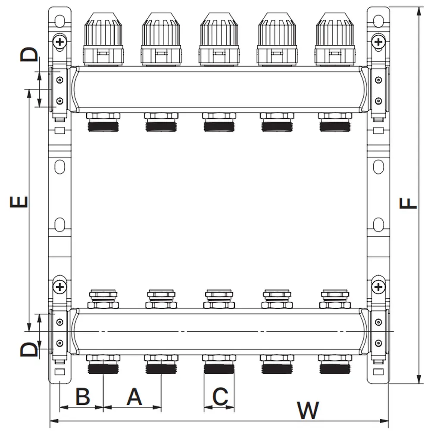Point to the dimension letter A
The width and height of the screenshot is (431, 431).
[134, 396]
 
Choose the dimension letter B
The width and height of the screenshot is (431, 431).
[82, 396]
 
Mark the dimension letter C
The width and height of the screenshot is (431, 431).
[220, 396]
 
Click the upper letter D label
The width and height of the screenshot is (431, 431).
[29, 55]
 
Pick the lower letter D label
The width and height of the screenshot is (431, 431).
[29, 349]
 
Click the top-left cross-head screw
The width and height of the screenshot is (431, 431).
[59, 42]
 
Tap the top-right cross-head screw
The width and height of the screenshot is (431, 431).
[378, 42]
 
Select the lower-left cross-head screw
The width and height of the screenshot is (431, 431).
[59, 286]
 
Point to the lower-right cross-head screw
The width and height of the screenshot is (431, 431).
[378, 286]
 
